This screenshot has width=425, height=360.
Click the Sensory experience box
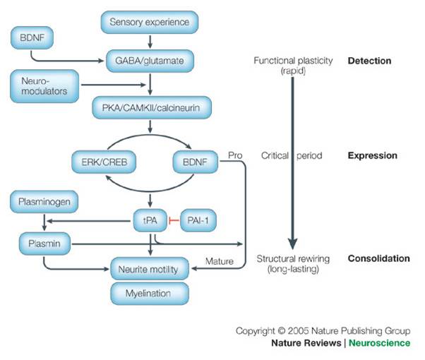(149, 22)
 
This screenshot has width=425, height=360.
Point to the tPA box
(149, 220)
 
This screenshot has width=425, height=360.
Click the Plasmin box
(40, 244)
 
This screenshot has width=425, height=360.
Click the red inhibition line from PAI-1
(174, 220)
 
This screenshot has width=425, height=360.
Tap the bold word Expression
(372, 155)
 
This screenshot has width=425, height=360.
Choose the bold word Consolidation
(378, 258)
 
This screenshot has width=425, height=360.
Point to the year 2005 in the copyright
(290, 330)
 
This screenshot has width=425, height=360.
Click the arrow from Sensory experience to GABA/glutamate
(149, 40)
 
